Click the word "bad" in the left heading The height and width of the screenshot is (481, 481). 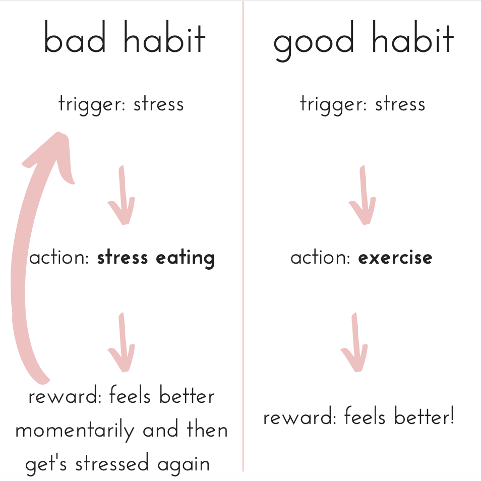[x=75, y=36]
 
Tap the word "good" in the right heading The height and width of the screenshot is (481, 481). [x=314, y=40]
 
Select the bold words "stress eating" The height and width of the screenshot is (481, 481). [x=156, y=258]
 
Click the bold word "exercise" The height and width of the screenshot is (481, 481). [x=395, y=258]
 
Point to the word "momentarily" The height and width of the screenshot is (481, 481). [x=75, y=430]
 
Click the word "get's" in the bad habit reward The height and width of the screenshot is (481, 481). [x=46, y=464]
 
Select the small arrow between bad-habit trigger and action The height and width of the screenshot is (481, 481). [x=122, y=195]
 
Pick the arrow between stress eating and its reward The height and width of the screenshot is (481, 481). [x=122, y=342]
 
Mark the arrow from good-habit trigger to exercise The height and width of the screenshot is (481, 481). [x=363, y=195]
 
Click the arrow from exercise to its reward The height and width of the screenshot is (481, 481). [x=354, y=342]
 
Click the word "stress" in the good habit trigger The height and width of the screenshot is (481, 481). [x=400, y=104]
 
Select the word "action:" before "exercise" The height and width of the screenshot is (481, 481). [x=320, y=258]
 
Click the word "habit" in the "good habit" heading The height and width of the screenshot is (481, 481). [x=412, y=36]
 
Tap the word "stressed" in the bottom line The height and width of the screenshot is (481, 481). [x=112, y=463]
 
